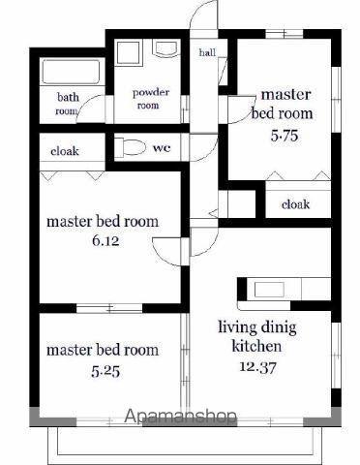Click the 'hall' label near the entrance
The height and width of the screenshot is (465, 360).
207,52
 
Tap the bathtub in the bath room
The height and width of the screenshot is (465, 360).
72,72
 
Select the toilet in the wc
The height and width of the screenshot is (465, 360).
131,147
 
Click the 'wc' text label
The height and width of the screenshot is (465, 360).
162,148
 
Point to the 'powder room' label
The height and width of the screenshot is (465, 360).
150,99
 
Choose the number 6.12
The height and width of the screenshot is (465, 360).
105,241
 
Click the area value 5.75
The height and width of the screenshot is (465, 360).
285,136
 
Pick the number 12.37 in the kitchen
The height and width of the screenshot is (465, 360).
257,366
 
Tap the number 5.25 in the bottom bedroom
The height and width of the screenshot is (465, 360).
105,372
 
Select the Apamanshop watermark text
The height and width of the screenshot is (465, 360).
180,416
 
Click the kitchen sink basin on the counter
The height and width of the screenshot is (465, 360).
269,290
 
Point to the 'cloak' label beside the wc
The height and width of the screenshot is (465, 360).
65,151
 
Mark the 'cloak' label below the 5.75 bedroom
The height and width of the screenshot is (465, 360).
295,204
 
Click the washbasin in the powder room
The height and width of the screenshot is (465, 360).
166,47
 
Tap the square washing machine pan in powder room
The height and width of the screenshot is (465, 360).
129,52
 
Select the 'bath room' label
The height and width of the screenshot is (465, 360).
68,104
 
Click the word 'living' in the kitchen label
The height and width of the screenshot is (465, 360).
238,327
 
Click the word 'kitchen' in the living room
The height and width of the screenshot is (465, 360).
256,346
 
